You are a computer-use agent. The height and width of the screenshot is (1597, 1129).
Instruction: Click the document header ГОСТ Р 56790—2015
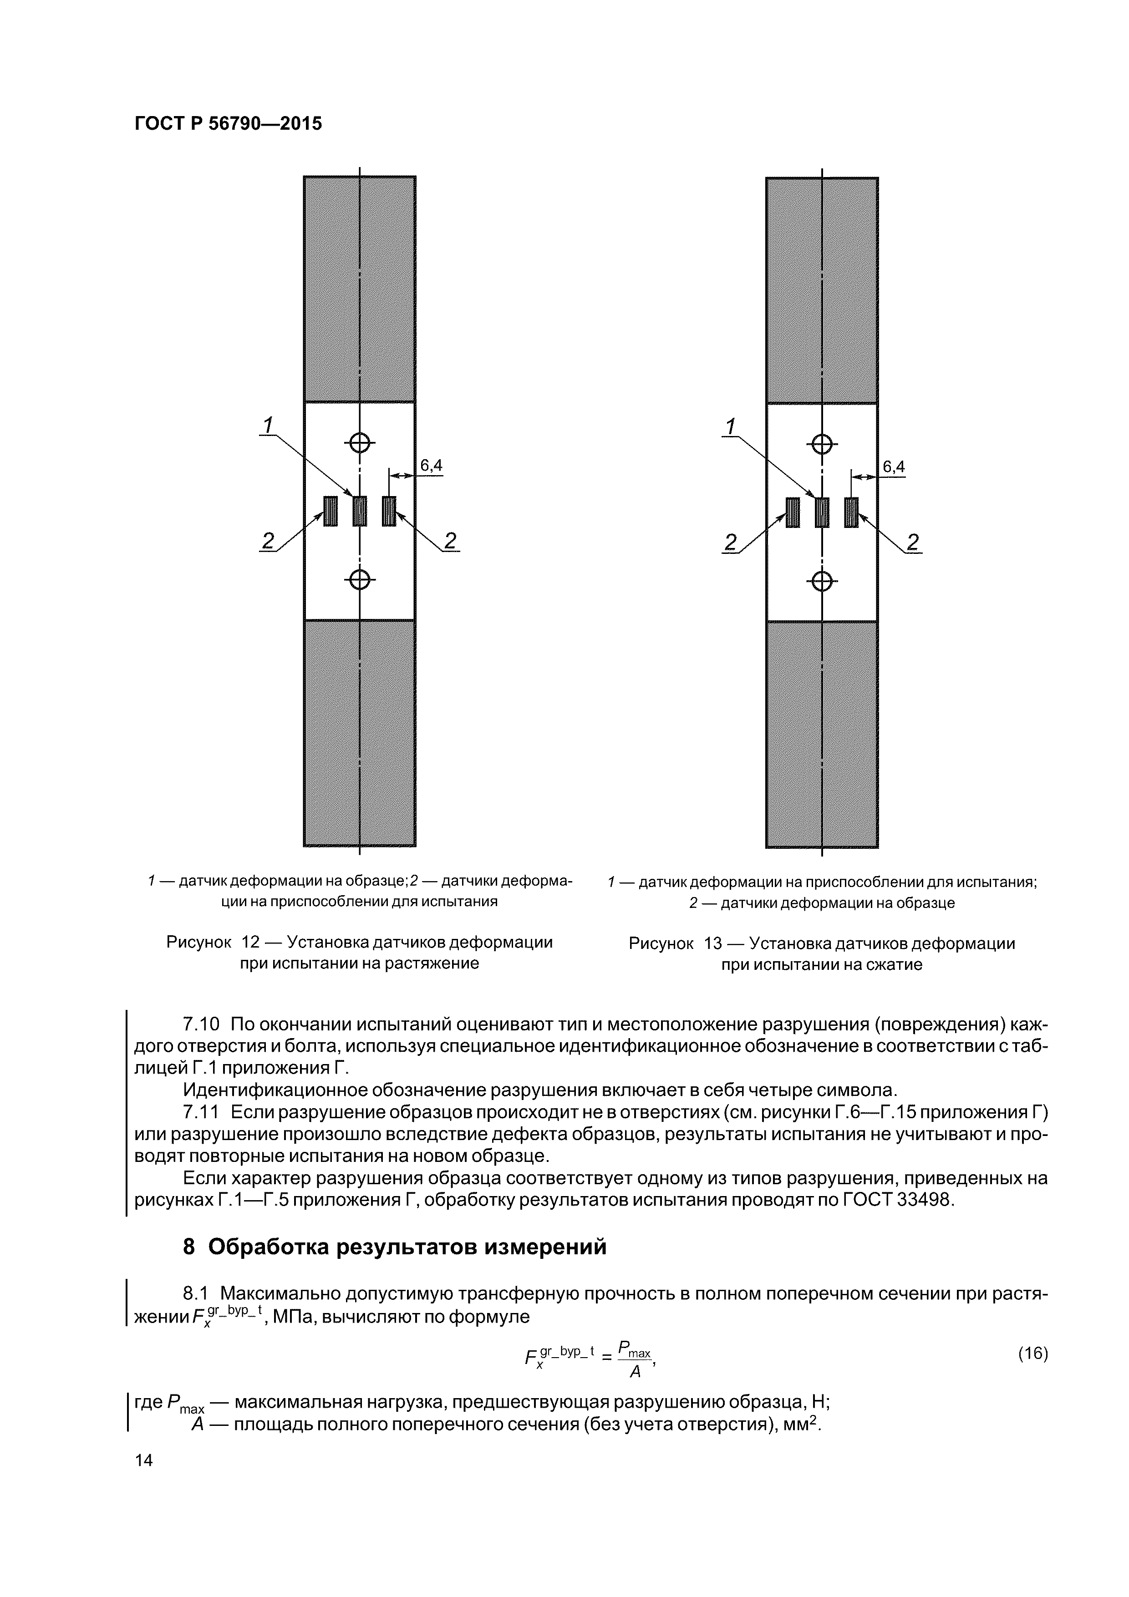point(228,124)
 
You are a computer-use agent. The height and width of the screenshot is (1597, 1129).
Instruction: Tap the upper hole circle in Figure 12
point(360,441)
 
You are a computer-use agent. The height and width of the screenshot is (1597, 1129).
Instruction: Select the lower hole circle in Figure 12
point(360,578)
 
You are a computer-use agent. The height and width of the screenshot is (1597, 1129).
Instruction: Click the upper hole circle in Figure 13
point(822,443)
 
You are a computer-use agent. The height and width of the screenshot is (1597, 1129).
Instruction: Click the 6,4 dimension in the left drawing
point(431,465)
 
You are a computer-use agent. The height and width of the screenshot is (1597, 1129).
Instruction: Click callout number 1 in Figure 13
point(730,426)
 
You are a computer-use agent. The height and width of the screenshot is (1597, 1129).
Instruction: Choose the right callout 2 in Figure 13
point(913,542)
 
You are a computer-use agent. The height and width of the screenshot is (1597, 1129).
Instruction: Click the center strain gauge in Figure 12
point(360,511)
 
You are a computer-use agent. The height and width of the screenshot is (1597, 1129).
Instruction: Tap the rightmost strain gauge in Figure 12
point(389,511)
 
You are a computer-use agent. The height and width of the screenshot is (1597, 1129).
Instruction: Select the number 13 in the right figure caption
point(713,944)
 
